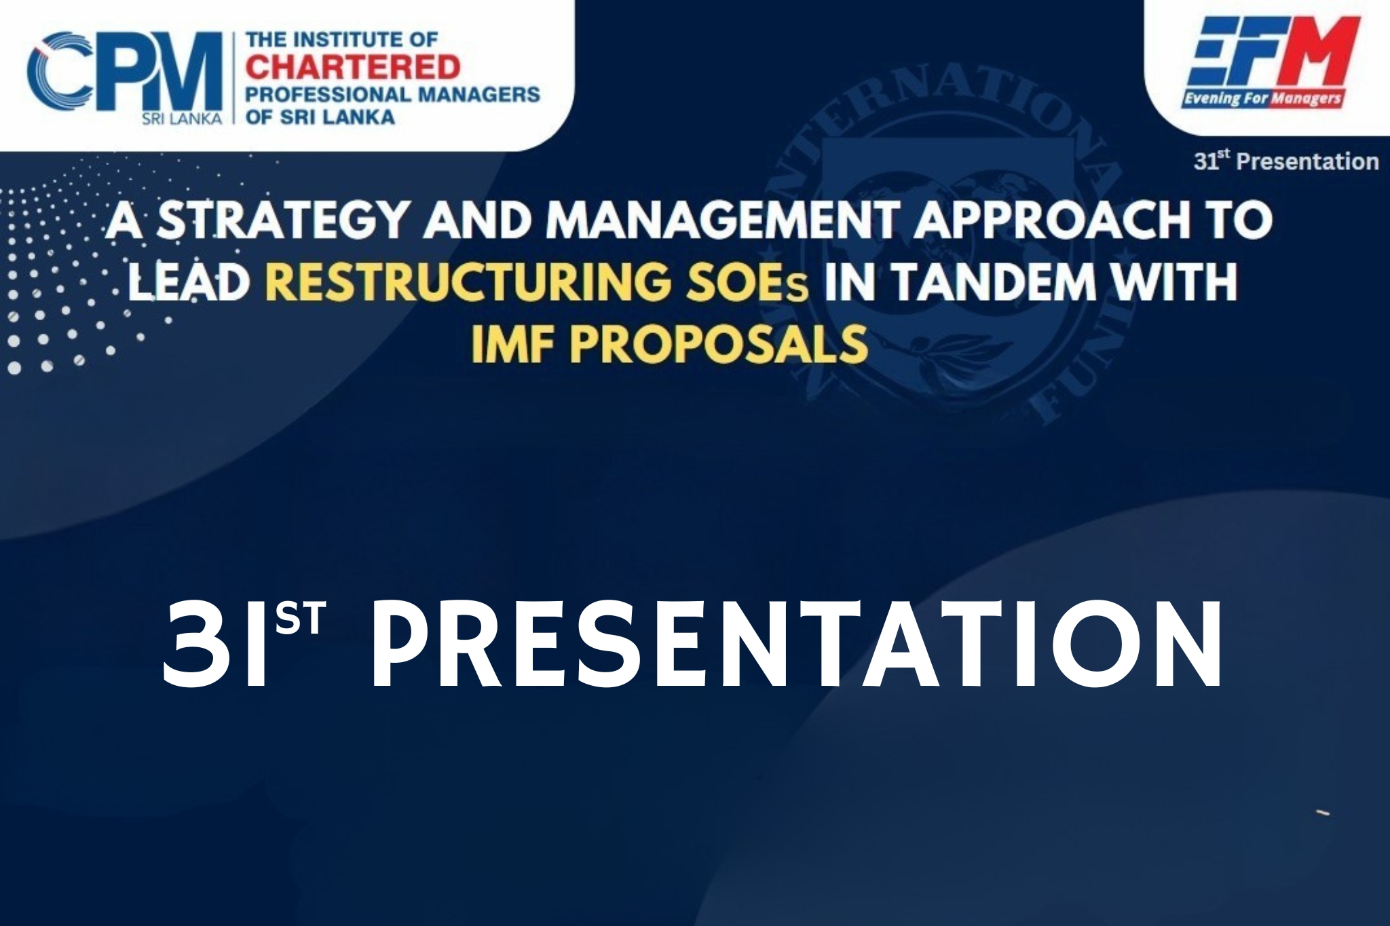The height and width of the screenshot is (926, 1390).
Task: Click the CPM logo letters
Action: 126,71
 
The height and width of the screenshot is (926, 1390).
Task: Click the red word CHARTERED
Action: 353,68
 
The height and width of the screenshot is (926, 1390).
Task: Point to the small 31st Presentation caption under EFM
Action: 1286,161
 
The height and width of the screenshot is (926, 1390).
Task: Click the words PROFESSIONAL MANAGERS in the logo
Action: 393,94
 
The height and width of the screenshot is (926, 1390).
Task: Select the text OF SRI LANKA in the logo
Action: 320,117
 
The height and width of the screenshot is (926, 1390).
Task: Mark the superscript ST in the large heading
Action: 301,618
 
